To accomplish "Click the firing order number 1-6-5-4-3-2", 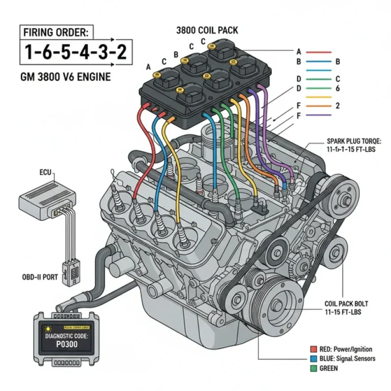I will point(72,52).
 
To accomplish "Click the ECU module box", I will point(47,197).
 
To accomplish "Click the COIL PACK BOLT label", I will point(346,308).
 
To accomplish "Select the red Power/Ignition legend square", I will point(314,349).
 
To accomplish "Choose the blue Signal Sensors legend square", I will point(314,359).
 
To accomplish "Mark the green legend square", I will point(314,368).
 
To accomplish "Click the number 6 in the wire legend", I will point(338,88).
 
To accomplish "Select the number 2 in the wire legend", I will point(338,106).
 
